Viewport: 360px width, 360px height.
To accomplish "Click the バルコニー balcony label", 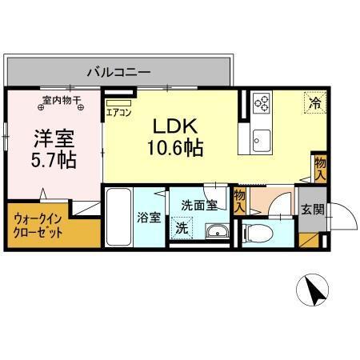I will point(120,72).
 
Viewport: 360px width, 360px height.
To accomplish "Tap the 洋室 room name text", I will point(54,136).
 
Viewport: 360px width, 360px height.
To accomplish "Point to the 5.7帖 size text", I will point(54,160).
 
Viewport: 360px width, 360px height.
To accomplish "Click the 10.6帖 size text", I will point(174,148).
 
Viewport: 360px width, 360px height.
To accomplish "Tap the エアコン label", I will point(118,113).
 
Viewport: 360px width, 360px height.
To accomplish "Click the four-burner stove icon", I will point(262,102).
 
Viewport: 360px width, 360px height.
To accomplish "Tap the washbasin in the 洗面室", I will point(215,233).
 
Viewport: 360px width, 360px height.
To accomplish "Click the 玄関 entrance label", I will point(312,210).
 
